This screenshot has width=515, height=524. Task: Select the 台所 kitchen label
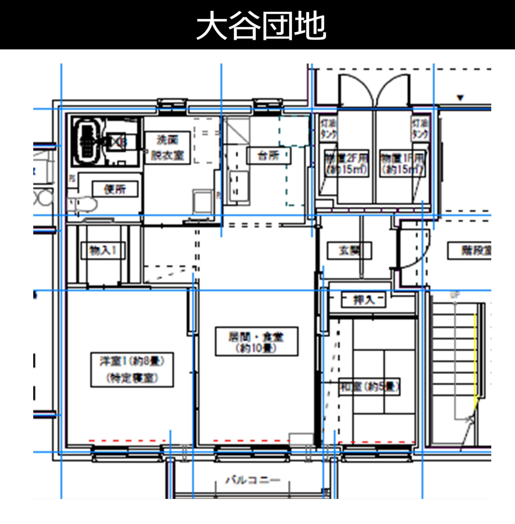[269, 156]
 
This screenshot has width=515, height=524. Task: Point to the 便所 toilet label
[115, 189]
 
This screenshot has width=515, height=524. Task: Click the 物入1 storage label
[103, 250]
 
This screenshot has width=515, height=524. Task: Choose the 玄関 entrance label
[349, 250]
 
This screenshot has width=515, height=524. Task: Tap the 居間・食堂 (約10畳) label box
[256, 341]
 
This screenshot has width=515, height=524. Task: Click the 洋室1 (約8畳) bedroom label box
[132, 370]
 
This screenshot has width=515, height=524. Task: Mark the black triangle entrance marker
[460, 97]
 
